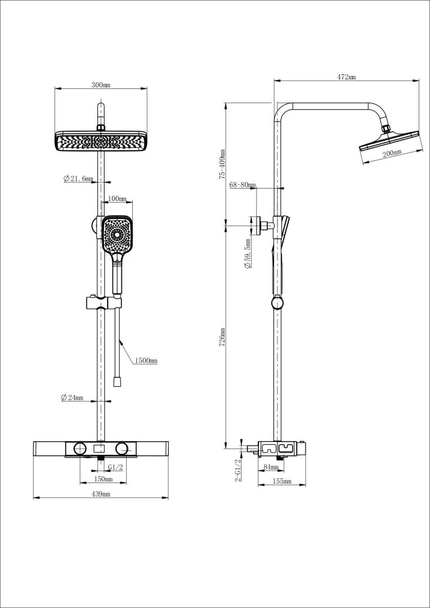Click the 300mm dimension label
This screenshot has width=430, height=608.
(x=101, y=85)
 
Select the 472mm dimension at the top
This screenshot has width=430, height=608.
(x=347, y=77)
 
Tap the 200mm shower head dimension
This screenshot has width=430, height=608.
(x=392, y=153)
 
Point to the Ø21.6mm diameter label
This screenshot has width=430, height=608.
(x=78, y=178)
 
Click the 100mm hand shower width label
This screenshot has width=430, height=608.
(x=117, y=199)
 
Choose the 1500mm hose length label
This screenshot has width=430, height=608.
(x=146, y=360)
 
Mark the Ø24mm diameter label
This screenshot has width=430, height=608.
(x=72, y=397)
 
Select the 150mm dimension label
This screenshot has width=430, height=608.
(x=103, y=479)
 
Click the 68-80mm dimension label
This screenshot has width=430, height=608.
(x=243, y=185)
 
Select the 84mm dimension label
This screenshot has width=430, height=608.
(x=271, y=467)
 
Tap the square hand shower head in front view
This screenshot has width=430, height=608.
(x=117, y=235)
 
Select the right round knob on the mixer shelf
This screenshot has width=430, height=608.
(x=122, y=448)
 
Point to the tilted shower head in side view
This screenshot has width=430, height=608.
(x=389, y=141)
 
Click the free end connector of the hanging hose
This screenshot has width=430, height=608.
(x=117, y=382)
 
